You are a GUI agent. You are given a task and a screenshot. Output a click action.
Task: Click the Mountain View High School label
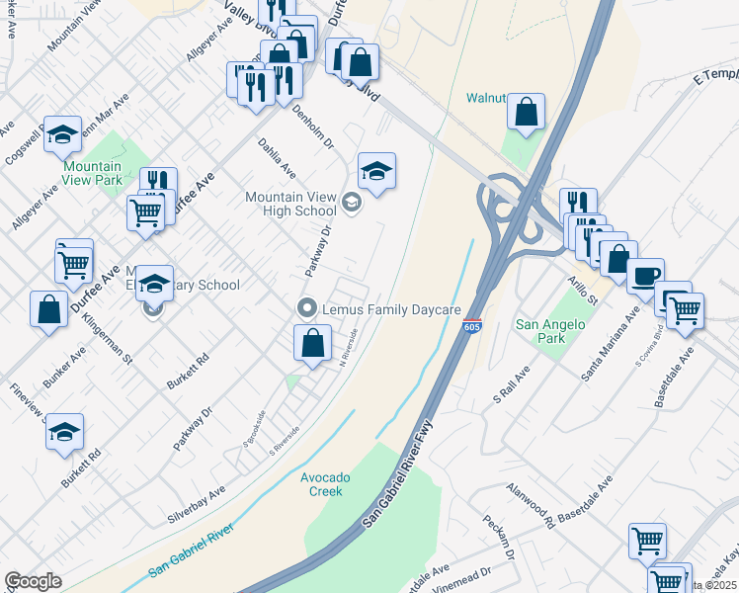click(x=290, y=204)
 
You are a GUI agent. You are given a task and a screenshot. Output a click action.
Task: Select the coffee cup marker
click(x=645, y=277)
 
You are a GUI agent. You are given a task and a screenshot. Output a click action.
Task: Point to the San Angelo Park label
click(x=550, y=331)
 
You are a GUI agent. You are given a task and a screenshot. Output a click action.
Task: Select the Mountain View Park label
click(x=94, y=173)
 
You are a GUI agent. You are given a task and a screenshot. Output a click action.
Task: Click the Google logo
click(x=33, y=581)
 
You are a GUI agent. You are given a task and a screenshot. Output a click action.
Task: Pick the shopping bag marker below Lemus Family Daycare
click(x=312, y=344)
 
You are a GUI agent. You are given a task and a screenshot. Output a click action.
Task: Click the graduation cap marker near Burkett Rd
click(x=64, y=432)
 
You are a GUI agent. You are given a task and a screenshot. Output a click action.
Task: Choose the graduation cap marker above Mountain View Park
click(x=62, y=133)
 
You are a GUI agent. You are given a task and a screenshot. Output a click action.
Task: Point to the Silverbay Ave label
click(x=197, y=502)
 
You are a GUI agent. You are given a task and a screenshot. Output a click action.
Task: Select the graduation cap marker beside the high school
click(x=375, y=172)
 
